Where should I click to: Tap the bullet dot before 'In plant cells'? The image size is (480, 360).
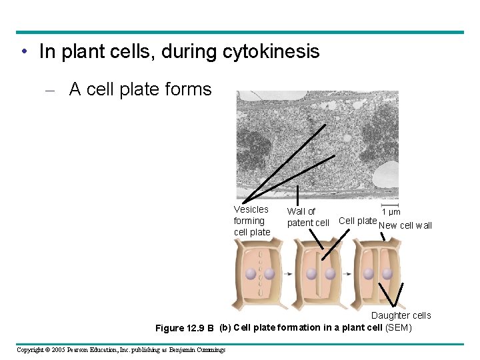coord(24,52)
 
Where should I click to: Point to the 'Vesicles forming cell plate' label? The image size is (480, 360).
coord(252,221)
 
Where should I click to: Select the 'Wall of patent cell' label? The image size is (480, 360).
coord(307,217)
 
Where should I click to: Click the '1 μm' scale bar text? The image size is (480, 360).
coord(391,212)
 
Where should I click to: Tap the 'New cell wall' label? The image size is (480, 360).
coord(405,225)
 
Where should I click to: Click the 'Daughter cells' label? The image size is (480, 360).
coord(401,315)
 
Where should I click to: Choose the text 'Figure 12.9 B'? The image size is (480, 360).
coord(184,328)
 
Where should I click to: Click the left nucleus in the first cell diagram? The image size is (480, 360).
coord(251,274)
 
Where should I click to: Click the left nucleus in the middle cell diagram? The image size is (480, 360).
coord(311,274)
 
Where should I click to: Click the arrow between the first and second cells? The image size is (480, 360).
coord(289,274)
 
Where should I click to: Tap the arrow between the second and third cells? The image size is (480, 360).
coord(347,274)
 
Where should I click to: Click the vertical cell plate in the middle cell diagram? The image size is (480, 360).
coord(321,274)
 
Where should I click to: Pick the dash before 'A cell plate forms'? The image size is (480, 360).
coord(56,90)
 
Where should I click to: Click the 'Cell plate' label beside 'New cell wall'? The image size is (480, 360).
coord(357,221)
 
